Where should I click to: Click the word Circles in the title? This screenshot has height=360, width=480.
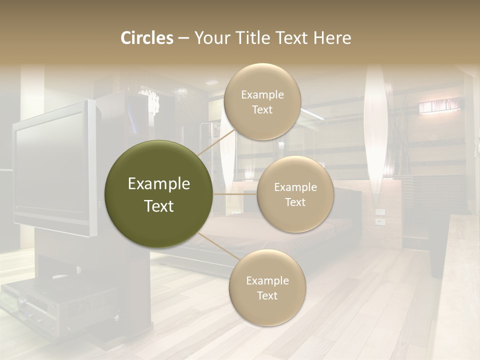click(147, 38)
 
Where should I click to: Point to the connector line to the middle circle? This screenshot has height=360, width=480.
click(235, 194)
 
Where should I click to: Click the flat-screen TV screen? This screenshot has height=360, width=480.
click(50, 167)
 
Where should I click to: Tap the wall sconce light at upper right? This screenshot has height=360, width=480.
click(439, 106)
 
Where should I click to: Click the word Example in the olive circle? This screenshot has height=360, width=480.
click(159, 184)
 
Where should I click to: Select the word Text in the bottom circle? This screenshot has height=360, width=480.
click(267, 295)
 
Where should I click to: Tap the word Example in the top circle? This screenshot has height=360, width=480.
click(262, 95)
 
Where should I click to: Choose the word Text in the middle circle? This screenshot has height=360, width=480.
click(295, 202)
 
